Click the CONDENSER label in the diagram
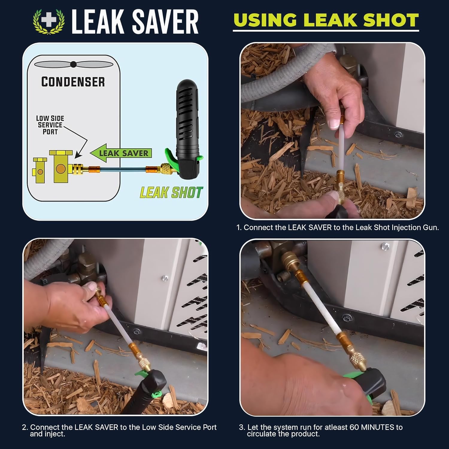[73, 82]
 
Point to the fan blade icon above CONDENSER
[73, 64]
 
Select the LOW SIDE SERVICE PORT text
[50, 125]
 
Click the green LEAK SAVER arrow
[121, 153]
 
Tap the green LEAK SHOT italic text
[171, 192]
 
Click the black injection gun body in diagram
[187, 120]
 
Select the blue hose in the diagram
[123, 169]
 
